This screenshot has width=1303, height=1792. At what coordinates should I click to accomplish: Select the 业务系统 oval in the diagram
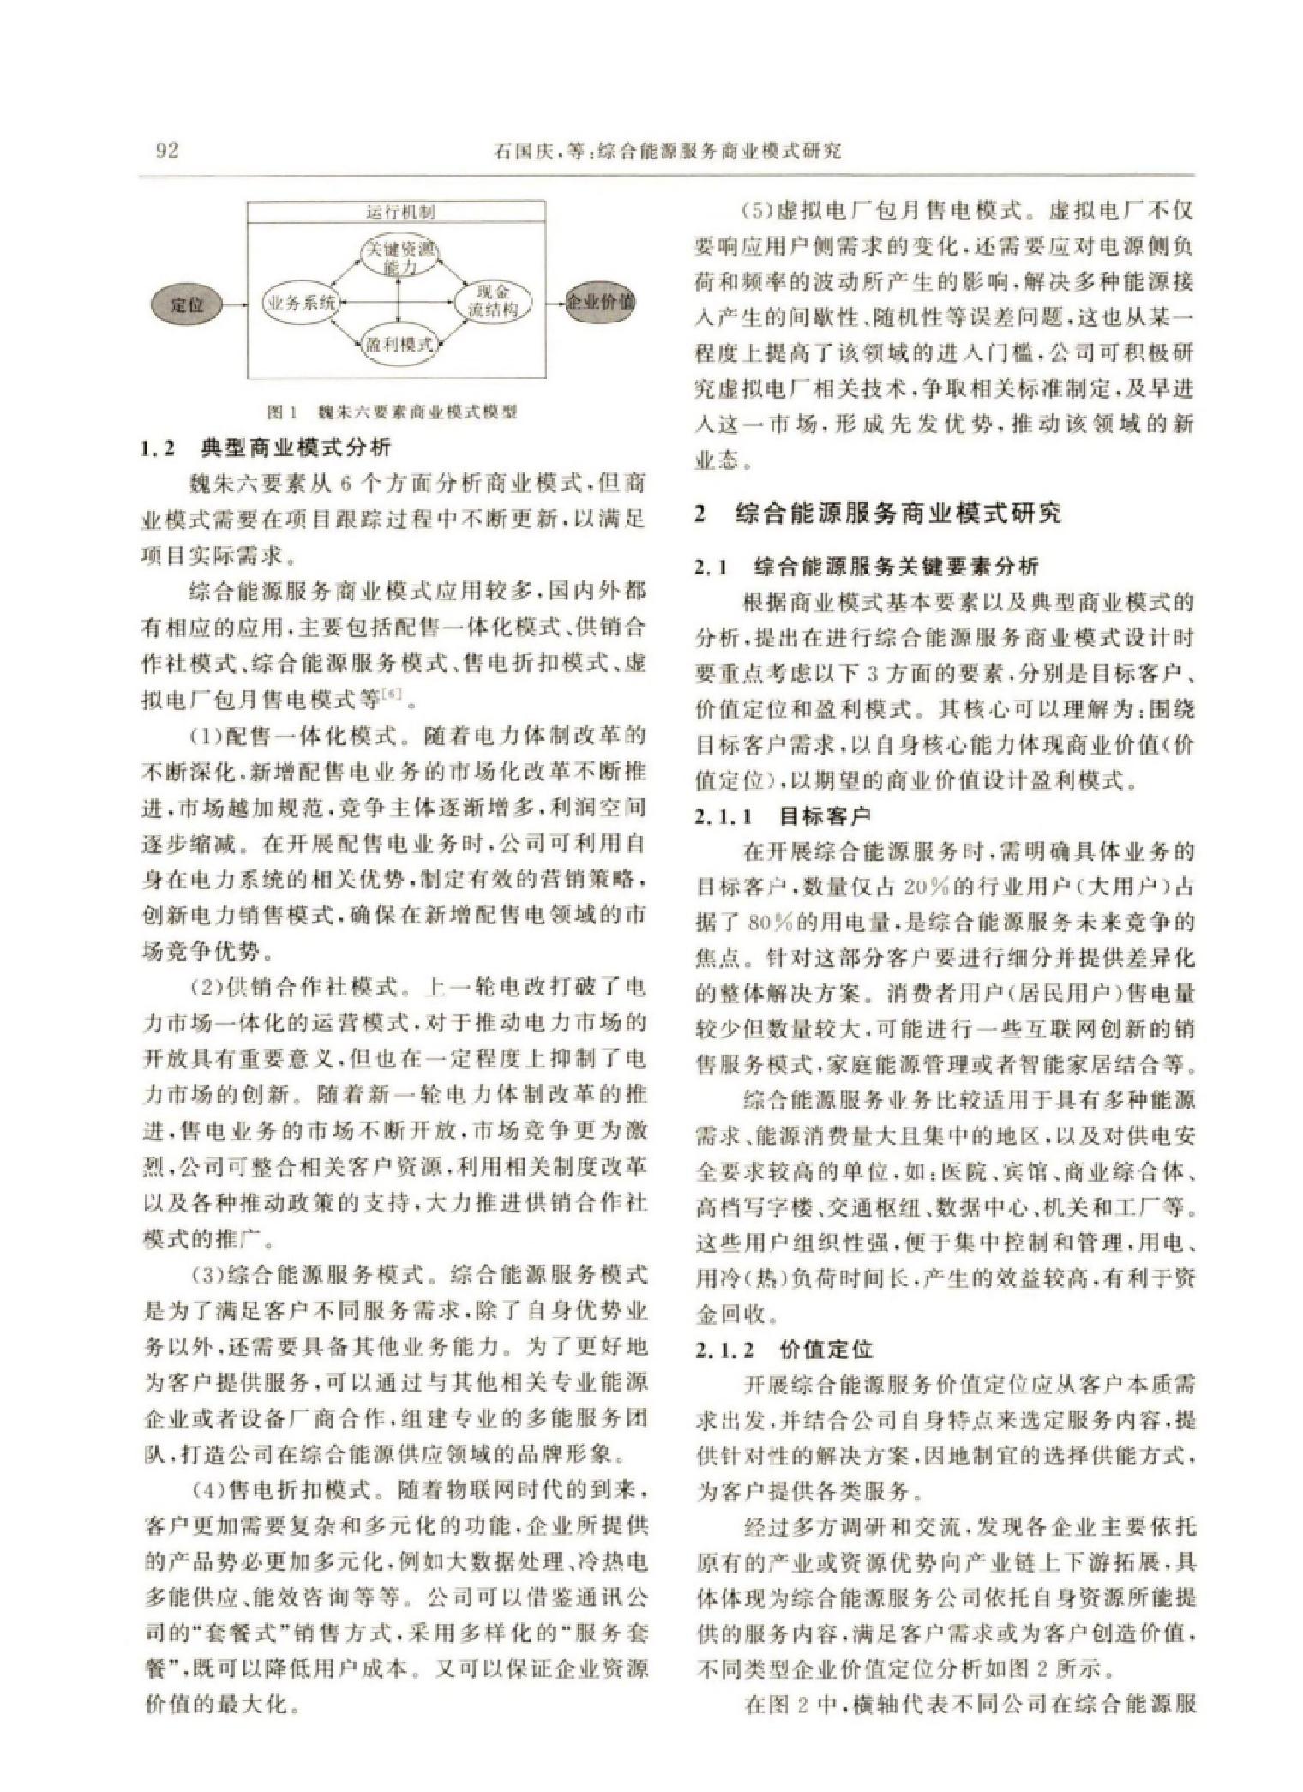point(302,304)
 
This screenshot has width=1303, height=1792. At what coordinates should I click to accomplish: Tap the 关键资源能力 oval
point(400,256)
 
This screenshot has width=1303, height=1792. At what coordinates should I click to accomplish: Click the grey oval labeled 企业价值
point(601,303)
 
